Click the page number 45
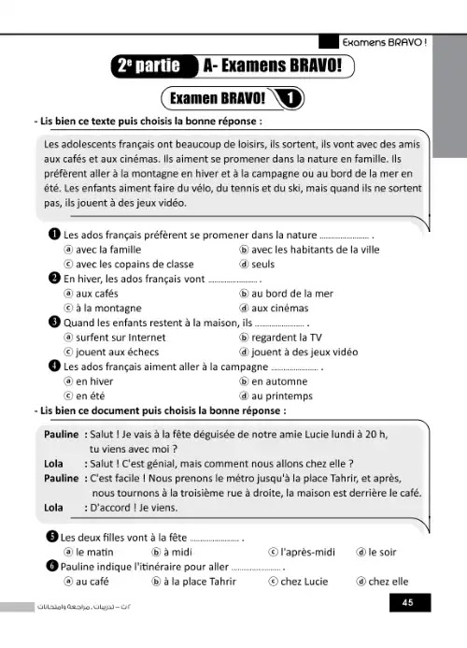pyautogui.click(x=407, y=603)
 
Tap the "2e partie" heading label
pyautogui.click(x=149, y=66)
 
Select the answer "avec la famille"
pyautogui.click(x=105, y=249)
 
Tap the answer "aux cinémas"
pyautogui.click(x=281, y=308)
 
